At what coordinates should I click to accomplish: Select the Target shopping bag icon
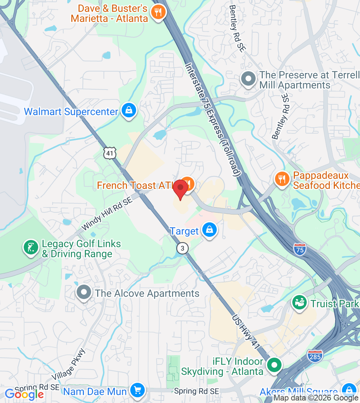[x=209, y=230]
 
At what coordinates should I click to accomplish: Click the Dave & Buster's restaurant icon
[x=158, y=12]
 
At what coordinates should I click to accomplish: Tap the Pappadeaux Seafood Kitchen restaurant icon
[x=282, y=179]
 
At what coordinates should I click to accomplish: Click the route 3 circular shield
[x=183, y=248]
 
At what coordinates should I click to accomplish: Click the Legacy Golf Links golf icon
[x=31, y=248]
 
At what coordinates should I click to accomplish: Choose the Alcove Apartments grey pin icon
[x=84, y=293]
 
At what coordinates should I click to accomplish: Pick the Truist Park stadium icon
[x=299, y=303]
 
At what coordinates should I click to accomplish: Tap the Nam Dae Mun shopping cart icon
[x=137, y=390]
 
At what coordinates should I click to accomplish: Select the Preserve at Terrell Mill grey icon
[x=248, y=79]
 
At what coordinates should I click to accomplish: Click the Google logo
[x=24, y=394]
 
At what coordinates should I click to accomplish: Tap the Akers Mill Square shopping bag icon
[x=348, y=390]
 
